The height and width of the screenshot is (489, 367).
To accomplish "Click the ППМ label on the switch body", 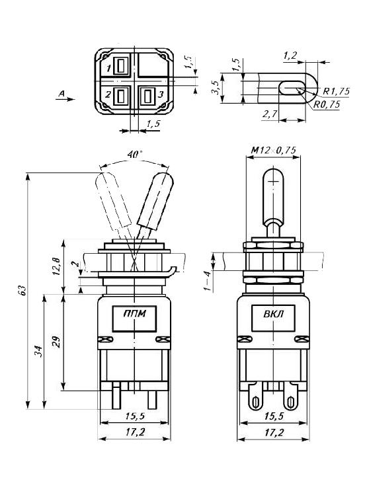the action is pos(134,313).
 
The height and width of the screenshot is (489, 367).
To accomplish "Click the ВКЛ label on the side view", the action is pos(274,313).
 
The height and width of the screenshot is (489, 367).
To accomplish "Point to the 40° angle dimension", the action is pos(134,155).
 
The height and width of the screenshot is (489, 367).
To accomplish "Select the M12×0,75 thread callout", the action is pos(273,150).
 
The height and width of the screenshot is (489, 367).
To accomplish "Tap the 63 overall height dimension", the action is pos(22,290).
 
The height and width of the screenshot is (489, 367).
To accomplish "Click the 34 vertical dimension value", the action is pos(38,351).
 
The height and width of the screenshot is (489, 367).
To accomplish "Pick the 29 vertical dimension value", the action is pos(56,342).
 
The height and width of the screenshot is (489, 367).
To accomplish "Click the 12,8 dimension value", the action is pos(56,267).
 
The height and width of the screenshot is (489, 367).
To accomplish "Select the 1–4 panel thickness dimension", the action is pos(208,281).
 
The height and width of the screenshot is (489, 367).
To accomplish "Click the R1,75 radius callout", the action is pos(336,91).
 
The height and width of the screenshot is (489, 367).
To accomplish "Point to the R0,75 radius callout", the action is pos(327,104).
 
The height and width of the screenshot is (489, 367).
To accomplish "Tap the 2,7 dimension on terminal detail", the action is pos(270,114).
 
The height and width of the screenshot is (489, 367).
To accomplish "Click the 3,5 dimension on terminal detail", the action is pos(215,87).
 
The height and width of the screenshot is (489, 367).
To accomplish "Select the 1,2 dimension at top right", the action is pos(290,56).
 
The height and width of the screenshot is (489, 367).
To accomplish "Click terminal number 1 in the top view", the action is pos(108,67).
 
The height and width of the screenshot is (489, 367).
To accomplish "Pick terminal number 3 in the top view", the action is pos(161,94).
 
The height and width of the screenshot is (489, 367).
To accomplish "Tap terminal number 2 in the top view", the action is pos(108,94).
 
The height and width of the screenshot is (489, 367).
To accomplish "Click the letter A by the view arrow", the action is pos(61,93).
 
